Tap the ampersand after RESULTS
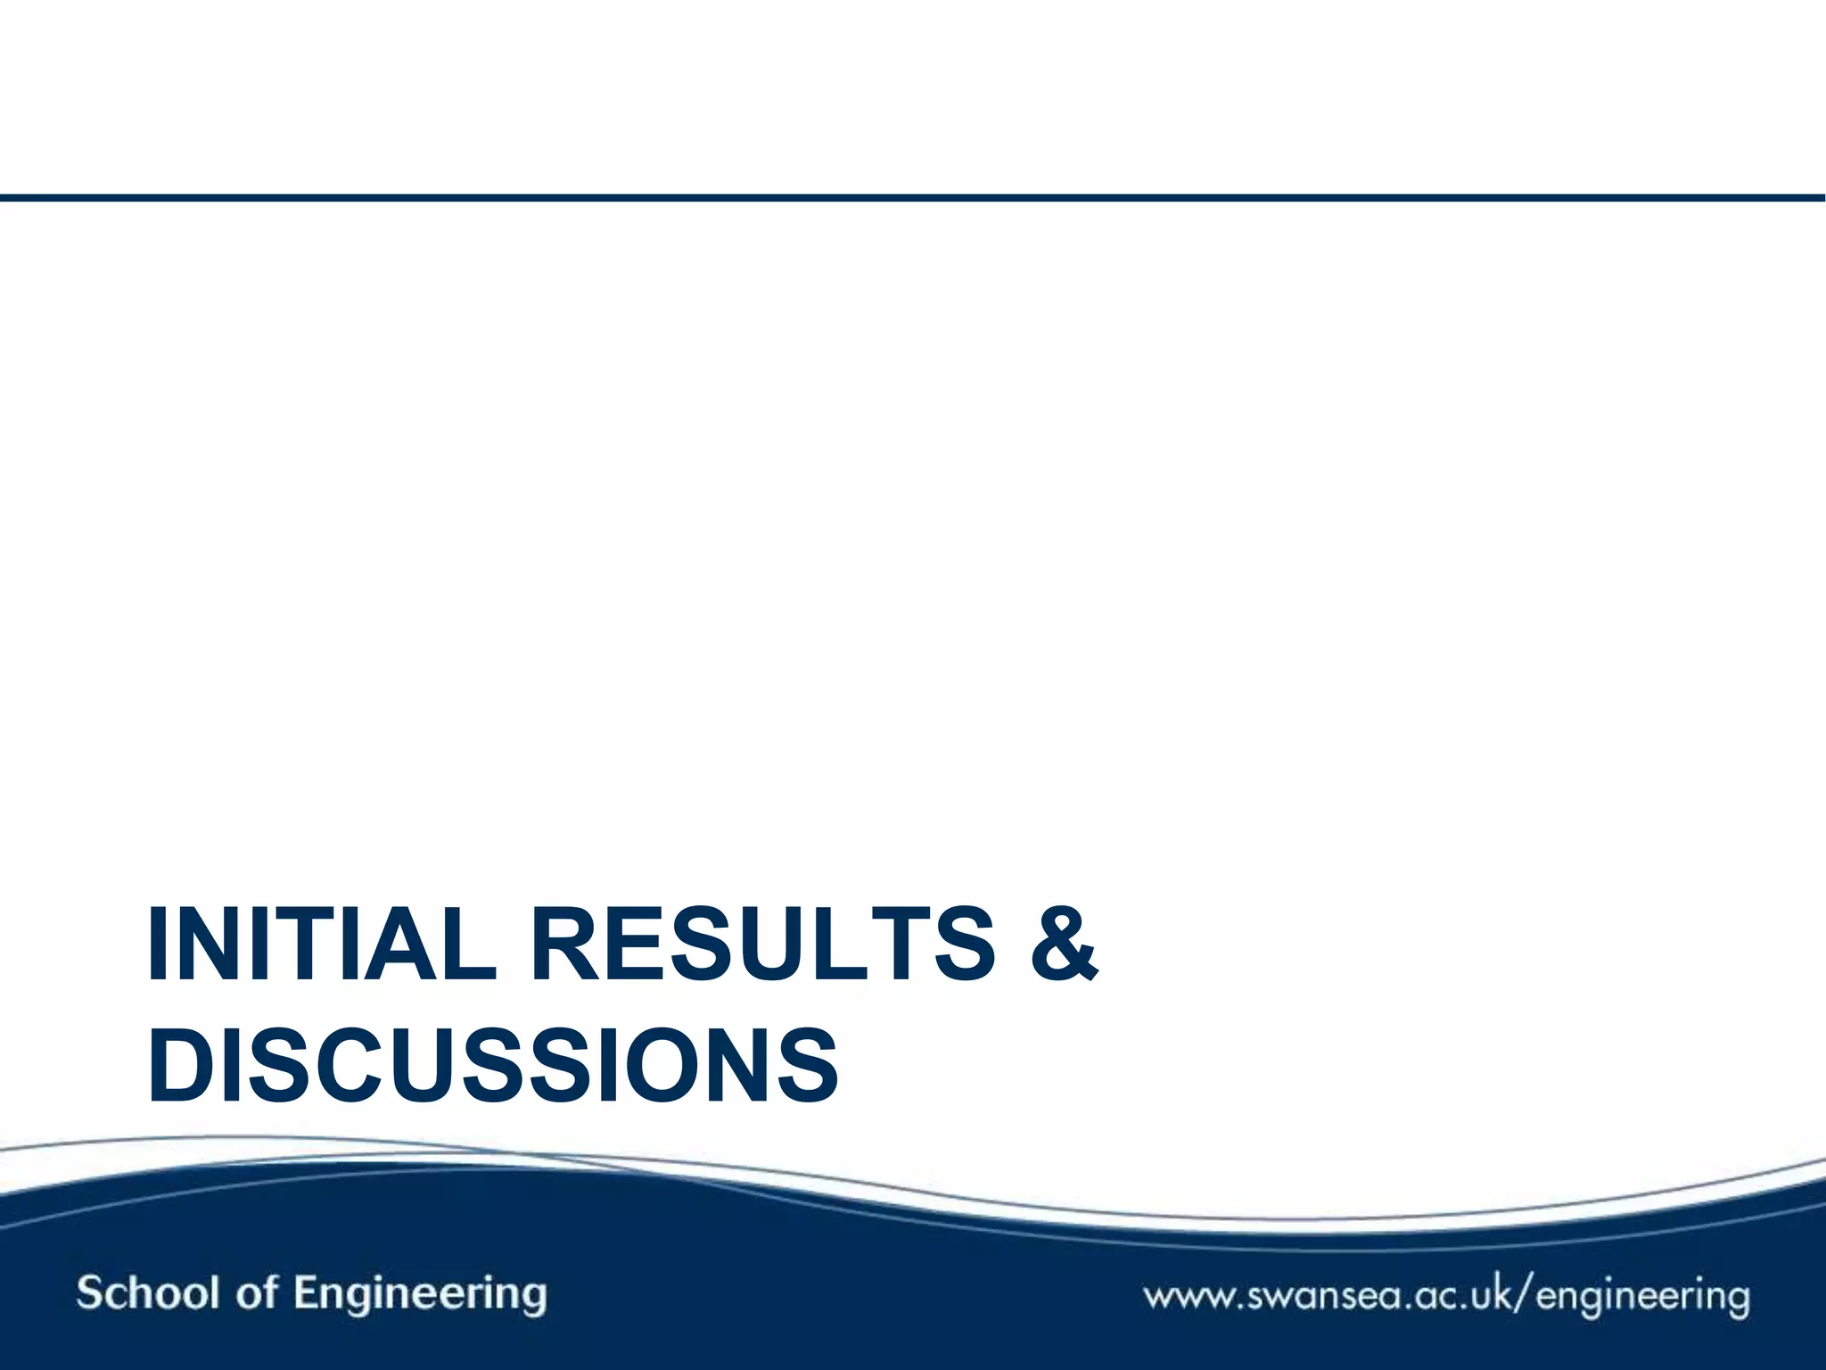[x=1064, y=944]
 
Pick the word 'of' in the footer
[x=257, y=1292]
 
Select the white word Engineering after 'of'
[x=420, y=1295]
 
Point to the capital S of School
[x=90, y=1292]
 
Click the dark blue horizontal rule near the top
[x=913, y=197]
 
